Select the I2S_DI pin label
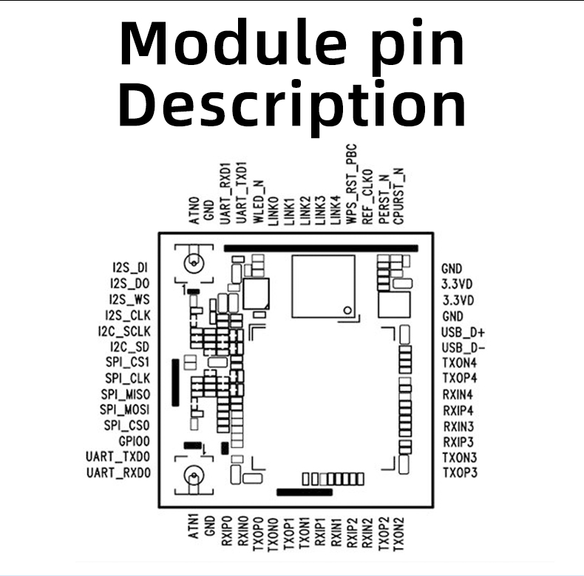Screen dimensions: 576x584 (x=130, y=268)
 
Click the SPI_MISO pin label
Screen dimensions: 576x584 (x=126, y=394)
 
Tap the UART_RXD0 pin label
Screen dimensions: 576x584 (x=118, y=472)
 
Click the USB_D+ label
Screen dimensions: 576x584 (x=458, y=332)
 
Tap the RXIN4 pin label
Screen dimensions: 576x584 (x=458, y=394)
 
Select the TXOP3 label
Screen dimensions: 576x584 (x=459, y=472)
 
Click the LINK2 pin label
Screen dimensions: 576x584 (x=304, y=210)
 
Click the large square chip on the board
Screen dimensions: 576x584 (x=322, y=282)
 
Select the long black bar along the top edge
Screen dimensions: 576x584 (x=320, y=249)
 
